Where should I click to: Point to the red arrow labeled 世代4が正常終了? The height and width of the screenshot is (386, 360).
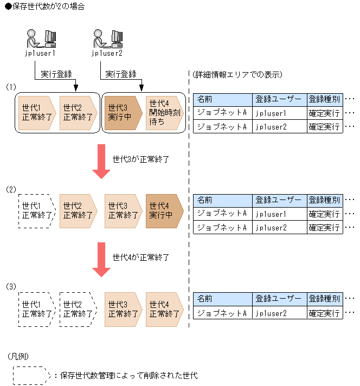101,259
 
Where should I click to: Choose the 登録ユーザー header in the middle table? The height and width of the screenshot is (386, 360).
279,200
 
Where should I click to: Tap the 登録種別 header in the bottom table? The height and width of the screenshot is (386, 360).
324,299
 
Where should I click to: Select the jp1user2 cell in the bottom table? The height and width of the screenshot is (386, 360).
279,313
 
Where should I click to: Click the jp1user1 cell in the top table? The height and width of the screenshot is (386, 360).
279,113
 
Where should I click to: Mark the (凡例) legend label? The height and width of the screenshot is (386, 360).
18,356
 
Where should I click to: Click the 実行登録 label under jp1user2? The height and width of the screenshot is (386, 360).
120,74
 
